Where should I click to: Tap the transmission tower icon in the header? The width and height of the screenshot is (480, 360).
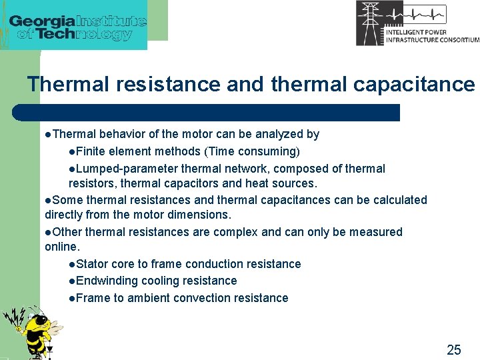point(370,23)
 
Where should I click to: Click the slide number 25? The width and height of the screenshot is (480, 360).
point(453,349)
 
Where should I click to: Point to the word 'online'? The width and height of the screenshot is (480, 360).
point(61,247)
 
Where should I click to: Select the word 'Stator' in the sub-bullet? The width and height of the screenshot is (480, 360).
point(92,264)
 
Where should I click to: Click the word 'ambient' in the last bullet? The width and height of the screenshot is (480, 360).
point(149,298)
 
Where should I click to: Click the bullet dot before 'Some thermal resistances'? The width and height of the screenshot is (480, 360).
point(48,200)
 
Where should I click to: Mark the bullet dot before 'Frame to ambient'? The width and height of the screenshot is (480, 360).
point(72,298)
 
